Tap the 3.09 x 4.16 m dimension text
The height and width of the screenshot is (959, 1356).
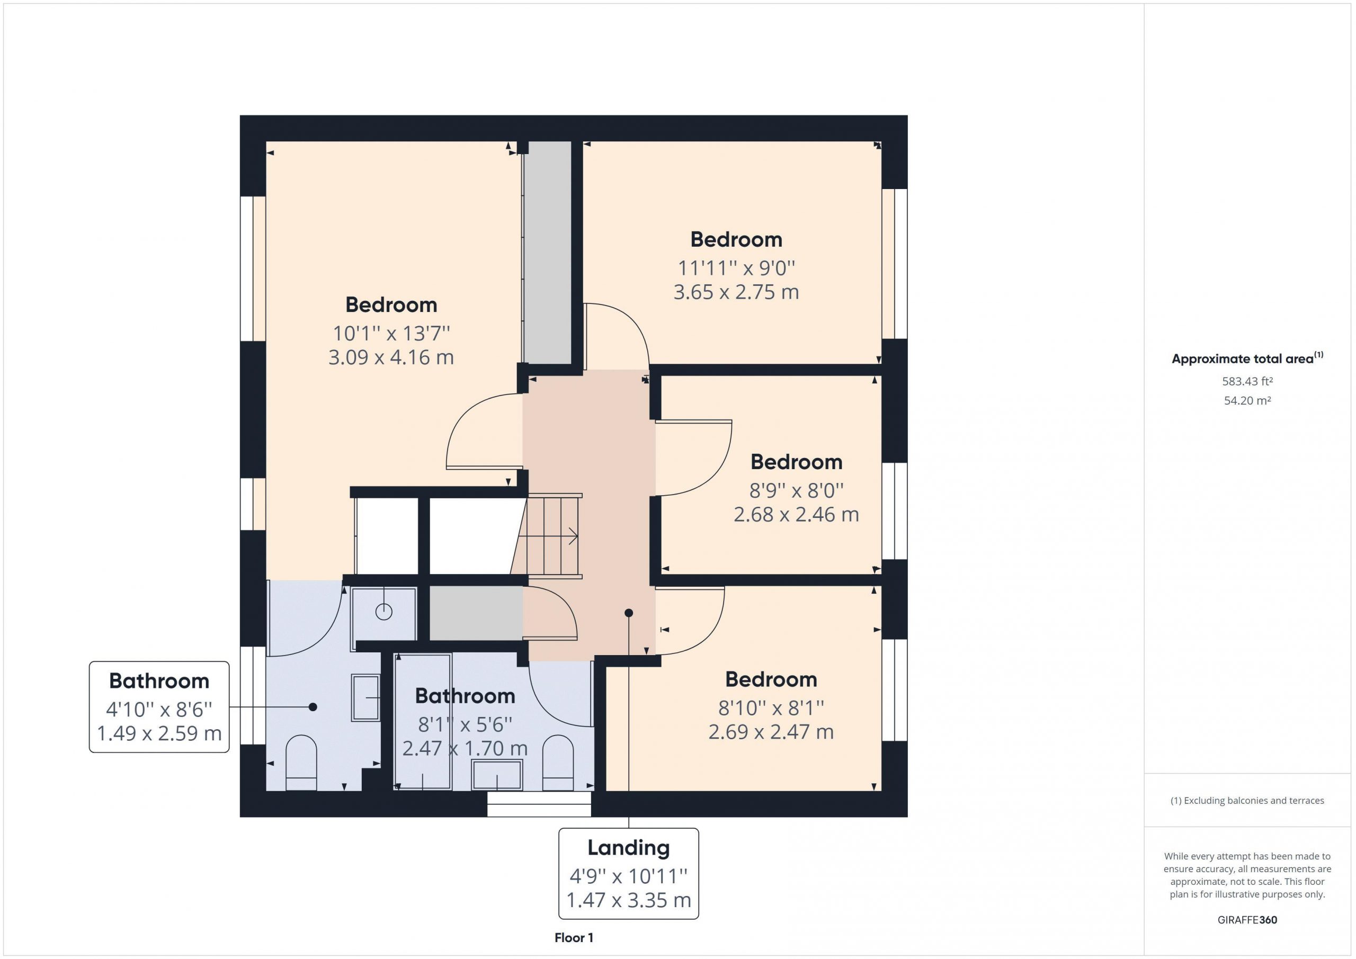(391, 357)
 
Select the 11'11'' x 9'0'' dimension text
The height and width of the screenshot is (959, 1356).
(736, 268)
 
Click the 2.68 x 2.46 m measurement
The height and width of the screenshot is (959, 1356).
(796, 514)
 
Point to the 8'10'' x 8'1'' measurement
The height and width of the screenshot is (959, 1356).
(771, 707)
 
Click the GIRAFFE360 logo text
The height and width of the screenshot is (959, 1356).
(1247, 919)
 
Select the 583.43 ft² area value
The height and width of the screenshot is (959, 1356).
(1247, 381)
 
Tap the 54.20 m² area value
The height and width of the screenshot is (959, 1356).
(1247, 400)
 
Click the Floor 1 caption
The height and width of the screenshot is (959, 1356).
(574, 937)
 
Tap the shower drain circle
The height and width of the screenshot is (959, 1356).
(384, 612)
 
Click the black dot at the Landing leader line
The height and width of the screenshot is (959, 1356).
(628, 613)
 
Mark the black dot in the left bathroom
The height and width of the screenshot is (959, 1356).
(313, 707)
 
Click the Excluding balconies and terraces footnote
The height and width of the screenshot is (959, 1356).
(1247, 801)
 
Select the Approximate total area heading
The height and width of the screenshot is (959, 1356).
(1247, 358)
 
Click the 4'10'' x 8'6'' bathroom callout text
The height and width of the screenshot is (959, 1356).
(159, 707)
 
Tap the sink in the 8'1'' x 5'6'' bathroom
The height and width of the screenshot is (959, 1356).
(497, 775)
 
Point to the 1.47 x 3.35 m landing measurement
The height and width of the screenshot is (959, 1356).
(628, 900)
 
